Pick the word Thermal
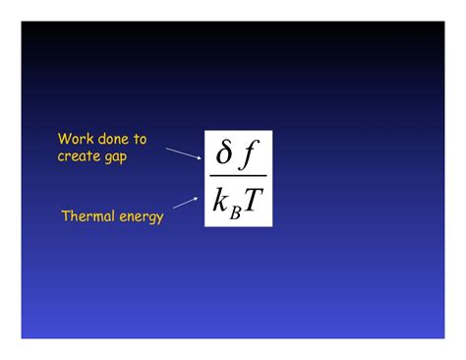tap(88, 215)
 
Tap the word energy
tap(142, 216)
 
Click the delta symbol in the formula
tap(225, 154)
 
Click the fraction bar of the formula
tap(238, 176)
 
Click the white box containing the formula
tap(238, 178)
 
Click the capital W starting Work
tap(64, 140)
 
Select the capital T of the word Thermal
tap(66, 215)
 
